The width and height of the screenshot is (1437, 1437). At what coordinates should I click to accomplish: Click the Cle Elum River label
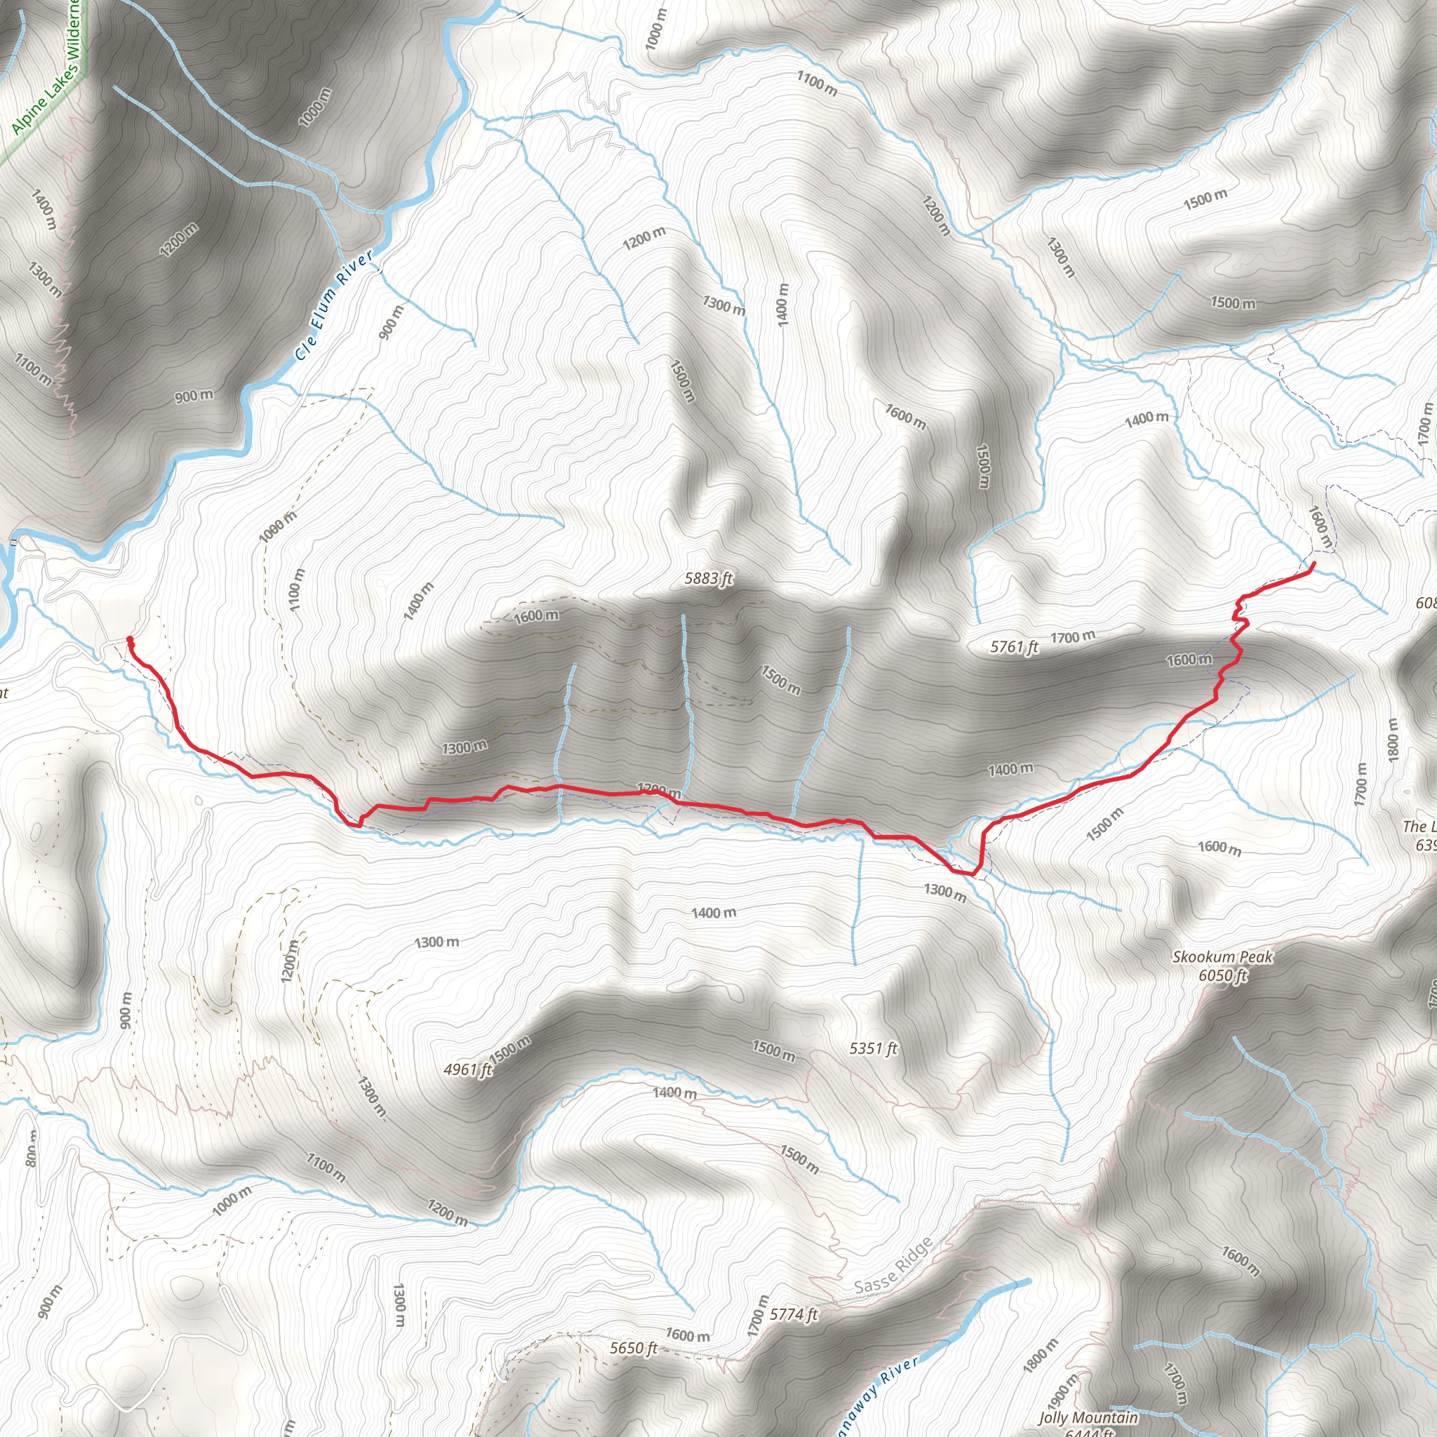tap(334, 305)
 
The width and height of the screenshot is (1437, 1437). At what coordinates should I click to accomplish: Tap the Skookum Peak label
tap(1222, 956)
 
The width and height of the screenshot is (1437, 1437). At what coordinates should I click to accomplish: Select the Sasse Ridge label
tap(893, 1266)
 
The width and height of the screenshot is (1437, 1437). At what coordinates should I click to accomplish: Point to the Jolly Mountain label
tap(1088, 1417)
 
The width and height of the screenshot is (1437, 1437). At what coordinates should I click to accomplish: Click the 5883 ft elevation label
tap(709, 578)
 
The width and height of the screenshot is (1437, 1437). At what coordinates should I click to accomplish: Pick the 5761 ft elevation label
tap(1014, 646)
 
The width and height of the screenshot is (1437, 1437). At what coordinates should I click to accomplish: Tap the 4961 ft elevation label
tap(468, 1069)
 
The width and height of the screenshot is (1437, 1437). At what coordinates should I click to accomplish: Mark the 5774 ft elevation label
tap(794, 1314)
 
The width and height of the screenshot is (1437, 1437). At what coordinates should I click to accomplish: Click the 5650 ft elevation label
tap(634, 1348)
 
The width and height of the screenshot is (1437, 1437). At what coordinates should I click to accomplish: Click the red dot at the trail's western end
tap(131, 639)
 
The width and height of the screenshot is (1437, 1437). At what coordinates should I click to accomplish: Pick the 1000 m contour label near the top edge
tap(657, 29)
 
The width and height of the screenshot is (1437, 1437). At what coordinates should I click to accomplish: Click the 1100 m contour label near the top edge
tap(817, 83)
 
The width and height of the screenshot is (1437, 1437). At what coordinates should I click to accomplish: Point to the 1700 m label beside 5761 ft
tap(1073, 636)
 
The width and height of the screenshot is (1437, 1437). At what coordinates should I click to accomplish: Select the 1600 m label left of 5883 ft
tap(536, 615)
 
